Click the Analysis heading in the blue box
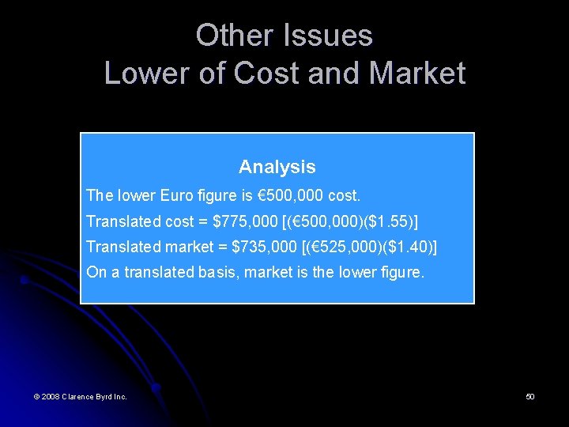(277, 167)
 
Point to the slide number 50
(530, 396)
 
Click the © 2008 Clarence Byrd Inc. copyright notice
(81, 396)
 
